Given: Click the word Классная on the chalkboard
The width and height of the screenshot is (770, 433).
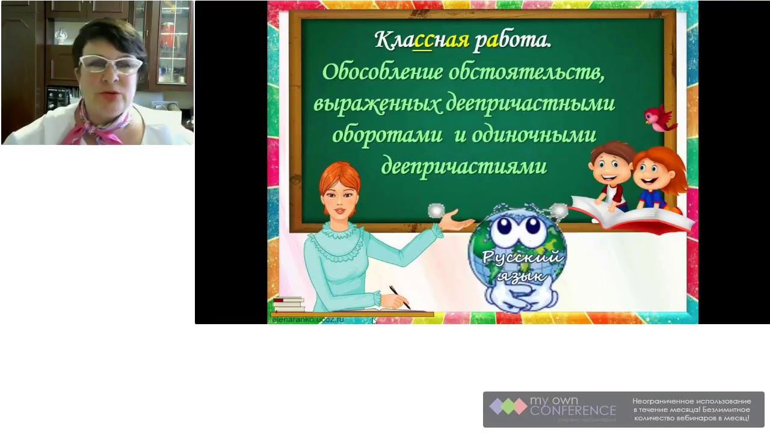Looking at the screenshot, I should click(422, 41).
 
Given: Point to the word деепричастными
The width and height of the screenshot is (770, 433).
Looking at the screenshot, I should click(530, 103).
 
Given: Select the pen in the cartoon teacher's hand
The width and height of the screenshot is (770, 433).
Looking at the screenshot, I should click(399, 297).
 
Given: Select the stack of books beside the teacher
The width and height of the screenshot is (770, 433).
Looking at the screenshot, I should click(288, 304).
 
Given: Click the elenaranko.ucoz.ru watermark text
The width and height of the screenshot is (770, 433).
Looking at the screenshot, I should click(307, 320).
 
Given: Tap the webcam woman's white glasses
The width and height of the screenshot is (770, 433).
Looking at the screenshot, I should click(110, 64).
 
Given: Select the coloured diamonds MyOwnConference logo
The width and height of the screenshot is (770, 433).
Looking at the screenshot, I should click(508, 407).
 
